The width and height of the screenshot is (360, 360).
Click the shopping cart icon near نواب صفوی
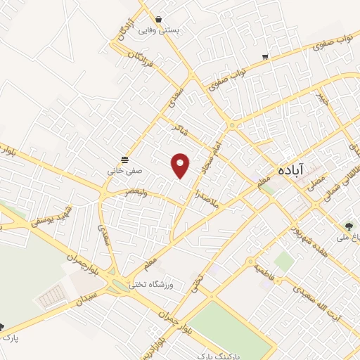265,57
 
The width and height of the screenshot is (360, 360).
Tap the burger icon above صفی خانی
124,158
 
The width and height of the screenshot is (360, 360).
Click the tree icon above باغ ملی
349,226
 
